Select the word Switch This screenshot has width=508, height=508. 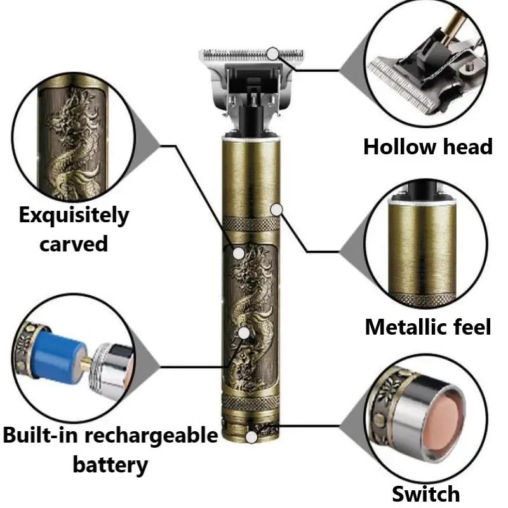coord(425,493)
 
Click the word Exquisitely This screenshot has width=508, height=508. coord(73,216)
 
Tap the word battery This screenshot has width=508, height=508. coord(110,464)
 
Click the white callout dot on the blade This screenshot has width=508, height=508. coord(273,53)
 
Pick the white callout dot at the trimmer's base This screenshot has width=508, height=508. coord(253,437)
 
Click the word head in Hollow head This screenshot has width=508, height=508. coord(467,147)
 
